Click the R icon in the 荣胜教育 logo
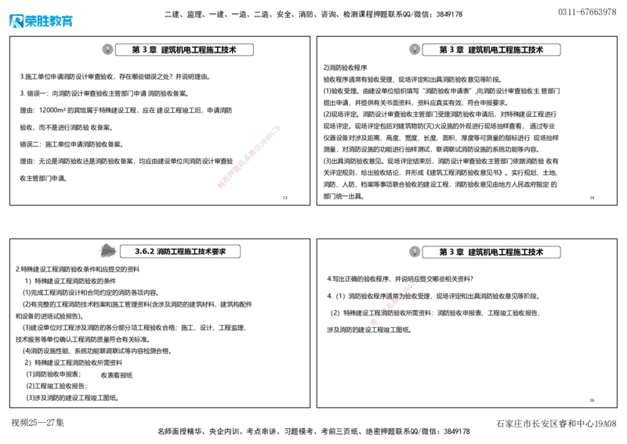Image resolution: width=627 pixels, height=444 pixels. click(x=15, y=21)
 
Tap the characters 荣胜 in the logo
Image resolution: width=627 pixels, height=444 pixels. click(x=36, y=21)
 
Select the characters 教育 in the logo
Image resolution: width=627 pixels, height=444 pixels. click(x=61, y=21)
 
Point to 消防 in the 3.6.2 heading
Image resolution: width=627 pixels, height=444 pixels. click(x=163, y=252)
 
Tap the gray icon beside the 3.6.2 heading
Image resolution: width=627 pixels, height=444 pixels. click(x=105, y=251)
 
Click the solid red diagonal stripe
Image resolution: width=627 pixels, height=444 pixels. click(x=248, y=156)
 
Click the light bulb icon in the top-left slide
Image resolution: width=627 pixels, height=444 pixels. click(x=107, y=49)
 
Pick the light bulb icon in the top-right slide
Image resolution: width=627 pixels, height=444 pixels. click(x=415, y=49)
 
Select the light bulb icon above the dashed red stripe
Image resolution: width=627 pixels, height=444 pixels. click(x=415, y=252)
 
